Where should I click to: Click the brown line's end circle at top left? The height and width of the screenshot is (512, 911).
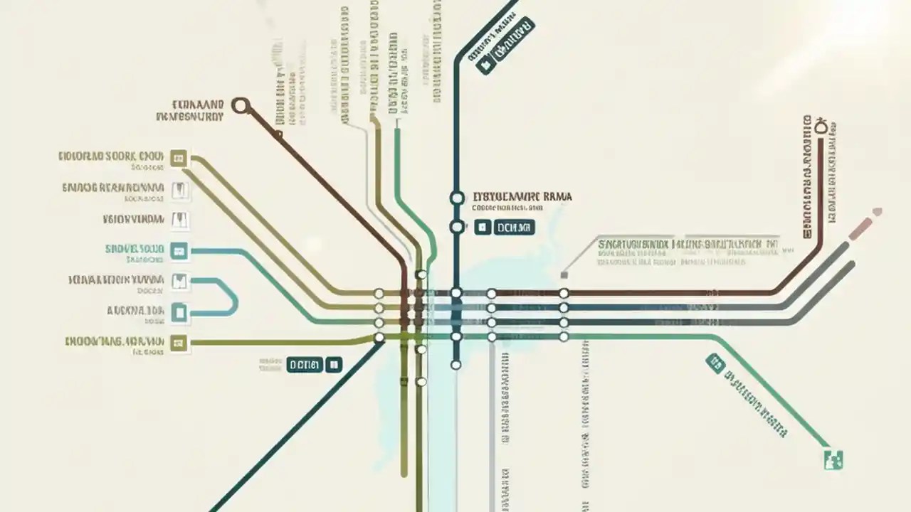241,106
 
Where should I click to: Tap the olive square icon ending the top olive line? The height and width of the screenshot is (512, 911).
179,158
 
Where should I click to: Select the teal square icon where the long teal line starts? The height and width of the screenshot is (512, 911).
179,250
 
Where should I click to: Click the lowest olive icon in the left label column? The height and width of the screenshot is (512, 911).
179,343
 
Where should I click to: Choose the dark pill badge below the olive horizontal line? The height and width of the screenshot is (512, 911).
304,365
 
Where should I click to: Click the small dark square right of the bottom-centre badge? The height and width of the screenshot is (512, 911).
333,365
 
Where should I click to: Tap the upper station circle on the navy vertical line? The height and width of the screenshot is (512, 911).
456,198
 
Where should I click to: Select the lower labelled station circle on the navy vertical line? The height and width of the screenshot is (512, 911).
456,227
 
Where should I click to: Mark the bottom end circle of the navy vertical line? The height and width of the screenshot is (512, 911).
456,365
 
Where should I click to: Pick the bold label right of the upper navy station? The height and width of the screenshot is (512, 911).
522,196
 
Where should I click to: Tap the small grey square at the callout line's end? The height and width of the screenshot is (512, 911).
564,274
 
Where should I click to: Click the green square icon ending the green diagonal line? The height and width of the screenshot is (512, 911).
832,459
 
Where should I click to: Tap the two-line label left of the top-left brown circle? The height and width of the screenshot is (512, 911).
191,109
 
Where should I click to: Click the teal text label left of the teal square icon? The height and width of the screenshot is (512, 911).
135,249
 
